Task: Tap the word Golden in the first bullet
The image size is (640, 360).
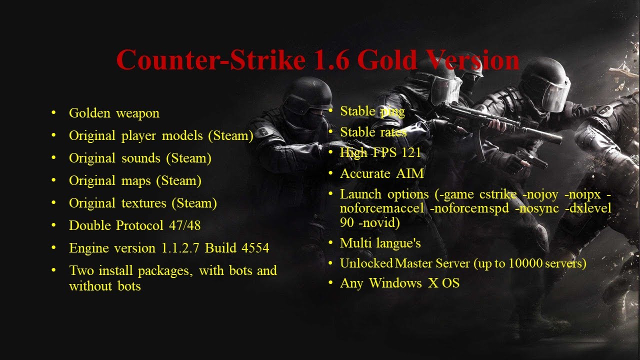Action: [x=89, y=113]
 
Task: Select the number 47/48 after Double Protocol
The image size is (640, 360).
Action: [x=184, y=225]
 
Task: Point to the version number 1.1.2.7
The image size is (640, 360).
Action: [x=180, y=248]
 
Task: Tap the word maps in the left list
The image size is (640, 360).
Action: [x=135, y=180]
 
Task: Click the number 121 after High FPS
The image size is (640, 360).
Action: [x=410, y=152]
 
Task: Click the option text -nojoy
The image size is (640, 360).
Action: [x=542, y=194]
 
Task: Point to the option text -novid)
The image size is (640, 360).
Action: [x=379, y=222]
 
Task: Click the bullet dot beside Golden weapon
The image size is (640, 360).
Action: [x=53, y=112]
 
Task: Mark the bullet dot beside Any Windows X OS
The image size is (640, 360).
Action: [x=330, y=283]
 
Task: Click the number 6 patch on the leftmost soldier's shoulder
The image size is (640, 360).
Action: [x=264, y=132]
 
